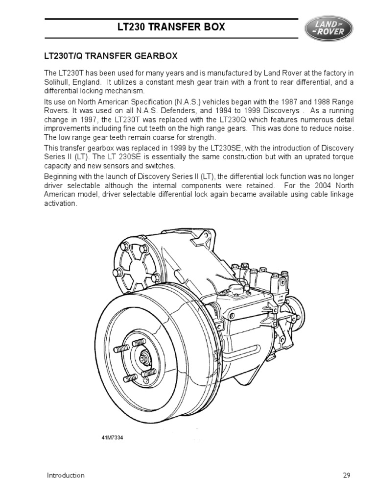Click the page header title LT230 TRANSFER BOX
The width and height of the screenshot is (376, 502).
point(172,27)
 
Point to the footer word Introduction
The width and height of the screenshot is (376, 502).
point(66,475)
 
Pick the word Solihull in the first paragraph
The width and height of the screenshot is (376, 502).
point(57,82)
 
